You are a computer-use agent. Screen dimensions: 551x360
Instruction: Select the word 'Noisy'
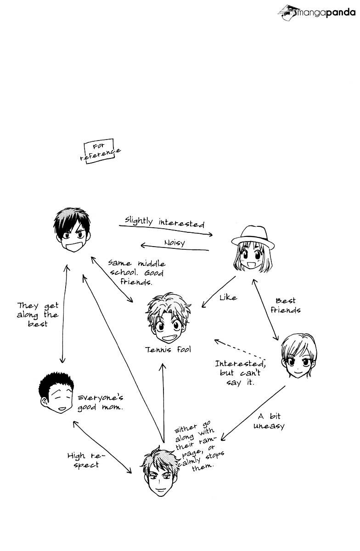(174, 242)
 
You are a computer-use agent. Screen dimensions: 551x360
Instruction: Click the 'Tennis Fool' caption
(168, 350)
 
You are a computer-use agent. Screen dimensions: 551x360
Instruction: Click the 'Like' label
(228, 298)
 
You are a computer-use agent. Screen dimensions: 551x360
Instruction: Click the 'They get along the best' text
(38, 315)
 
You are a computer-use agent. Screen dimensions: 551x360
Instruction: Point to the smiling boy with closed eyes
(56, 393)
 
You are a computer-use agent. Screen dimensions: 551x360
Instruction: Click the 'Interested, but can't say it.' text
(240, 372)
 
